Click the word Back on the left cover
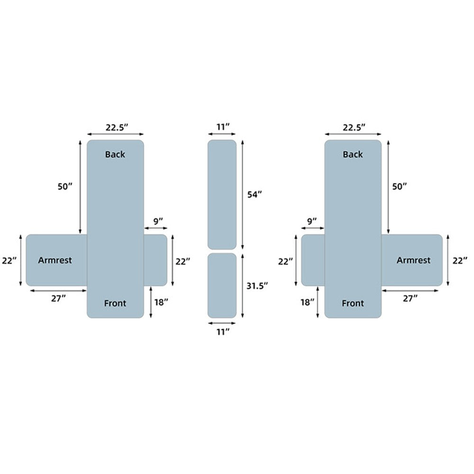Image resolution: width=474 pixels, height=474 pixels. pyautogui.click(x=115, y=155)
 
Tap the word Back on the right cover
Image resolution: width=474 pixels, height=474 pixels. pyautogui.click(x=353, y=155)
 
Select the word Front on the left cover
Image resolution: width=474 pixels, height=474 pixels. pyautogui.click(x=115, y=303)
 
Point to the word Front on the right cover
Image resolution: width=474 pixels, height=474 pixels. pyautogui.click(x=353, y=303)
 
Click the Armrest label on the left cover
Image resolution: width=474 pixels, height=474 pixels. pyautogui.click(x=55, y=260)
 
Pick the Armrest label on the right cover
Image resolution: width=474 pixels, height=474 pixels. pyautogui.click(x=413, y=260)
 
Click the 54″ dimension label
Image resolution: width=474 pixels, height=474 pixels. pyautogui.click(x=255, y=195)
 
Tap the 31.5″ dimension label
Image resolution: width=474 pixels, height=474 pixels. pyautogui.click(x=257, y=286)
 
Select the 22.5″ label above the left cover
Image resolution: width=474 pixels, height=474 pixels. pyautogui.click(x=117, y=128)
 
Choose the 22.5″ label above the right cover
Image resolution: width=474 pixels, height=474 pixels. pyautogui.click(x=354, y=128)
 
